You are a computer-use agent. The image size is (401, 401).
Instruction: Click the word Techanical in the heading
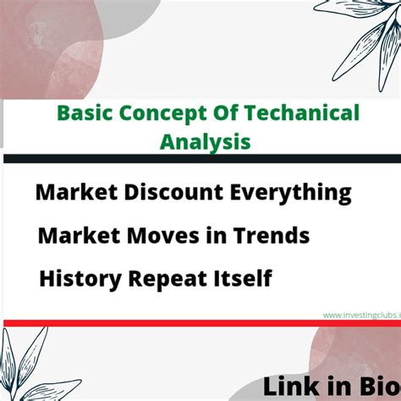[x=301, y=113]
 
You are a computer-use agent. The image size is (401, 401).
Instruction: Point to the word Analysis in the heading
[x=206, y=142]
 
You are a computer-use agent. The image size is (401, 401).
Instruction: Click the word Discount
[x=173, y=192]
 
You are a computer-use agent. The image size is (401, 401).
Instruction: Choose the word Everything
[x=290, y=194]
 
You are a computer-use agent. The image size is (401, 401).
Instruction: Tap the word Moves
[x=163, y=236]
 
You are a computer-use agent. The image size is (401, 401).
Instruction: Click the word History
[x=80, y=279]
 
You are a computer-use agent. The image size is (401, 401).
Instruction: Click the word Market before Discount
[x=76, y=192]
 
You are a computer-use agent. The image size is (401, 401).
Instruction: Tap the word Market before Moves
[x=79, y=236]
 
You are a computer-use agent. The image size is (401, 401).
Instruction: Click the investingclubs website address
[x=362, y=315]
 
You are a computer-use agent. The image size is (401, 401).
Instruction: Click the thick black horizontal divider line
[x=202, y=158]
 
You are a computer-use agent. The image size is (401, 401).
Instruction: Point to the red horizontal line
[x=202, y=323]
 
